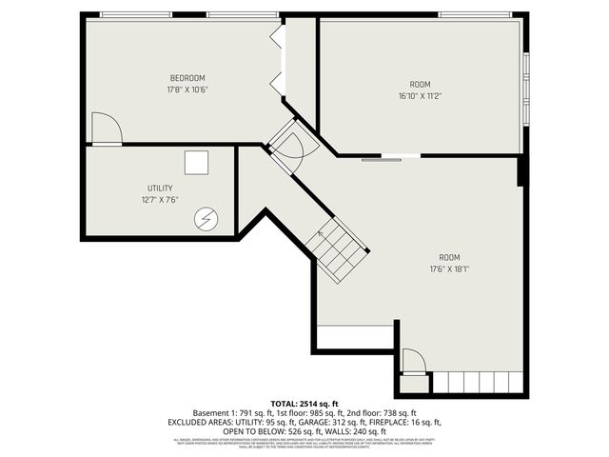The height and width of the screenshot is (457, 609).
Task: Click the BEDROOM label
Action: tap(187, 78)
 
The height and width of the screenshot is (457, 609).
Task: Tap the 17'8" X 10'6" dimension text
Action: tap(187, 89)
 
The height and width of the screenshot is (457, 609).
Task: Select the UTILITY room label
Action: tap(160, 189)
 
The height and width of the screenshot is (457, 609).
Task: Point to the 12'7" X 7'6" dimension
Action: tap(160, 200)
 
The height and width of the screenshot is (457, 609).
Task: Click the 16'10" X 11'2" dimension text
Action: tap(420, 95)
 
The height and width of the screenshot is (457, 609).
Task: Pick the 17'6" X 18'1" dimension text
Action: tap(448, 269)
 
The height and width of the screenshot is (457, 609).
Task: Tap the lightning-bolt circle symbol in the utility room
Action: tap(206, 219)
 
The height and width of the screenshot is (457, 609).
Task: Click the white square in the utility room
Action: tap(197, 163)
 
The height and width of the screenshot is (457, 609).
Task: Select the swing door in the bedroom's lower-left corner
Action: tap(107, 129)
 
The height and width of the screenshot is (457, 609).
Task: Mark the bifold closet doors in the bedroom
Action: tap(277, 60)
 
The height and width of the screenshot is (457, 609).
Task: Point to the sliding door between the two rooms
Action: tap(390, 157)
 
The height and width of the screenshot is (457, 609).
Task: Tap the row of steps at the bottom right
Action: tap(478, 383)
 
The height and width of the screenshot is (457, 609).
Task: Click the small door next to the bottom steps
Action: tap(413, 363)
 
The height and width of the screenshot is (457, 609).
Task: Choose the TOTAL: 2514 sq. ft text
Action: tap(304, 405)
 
